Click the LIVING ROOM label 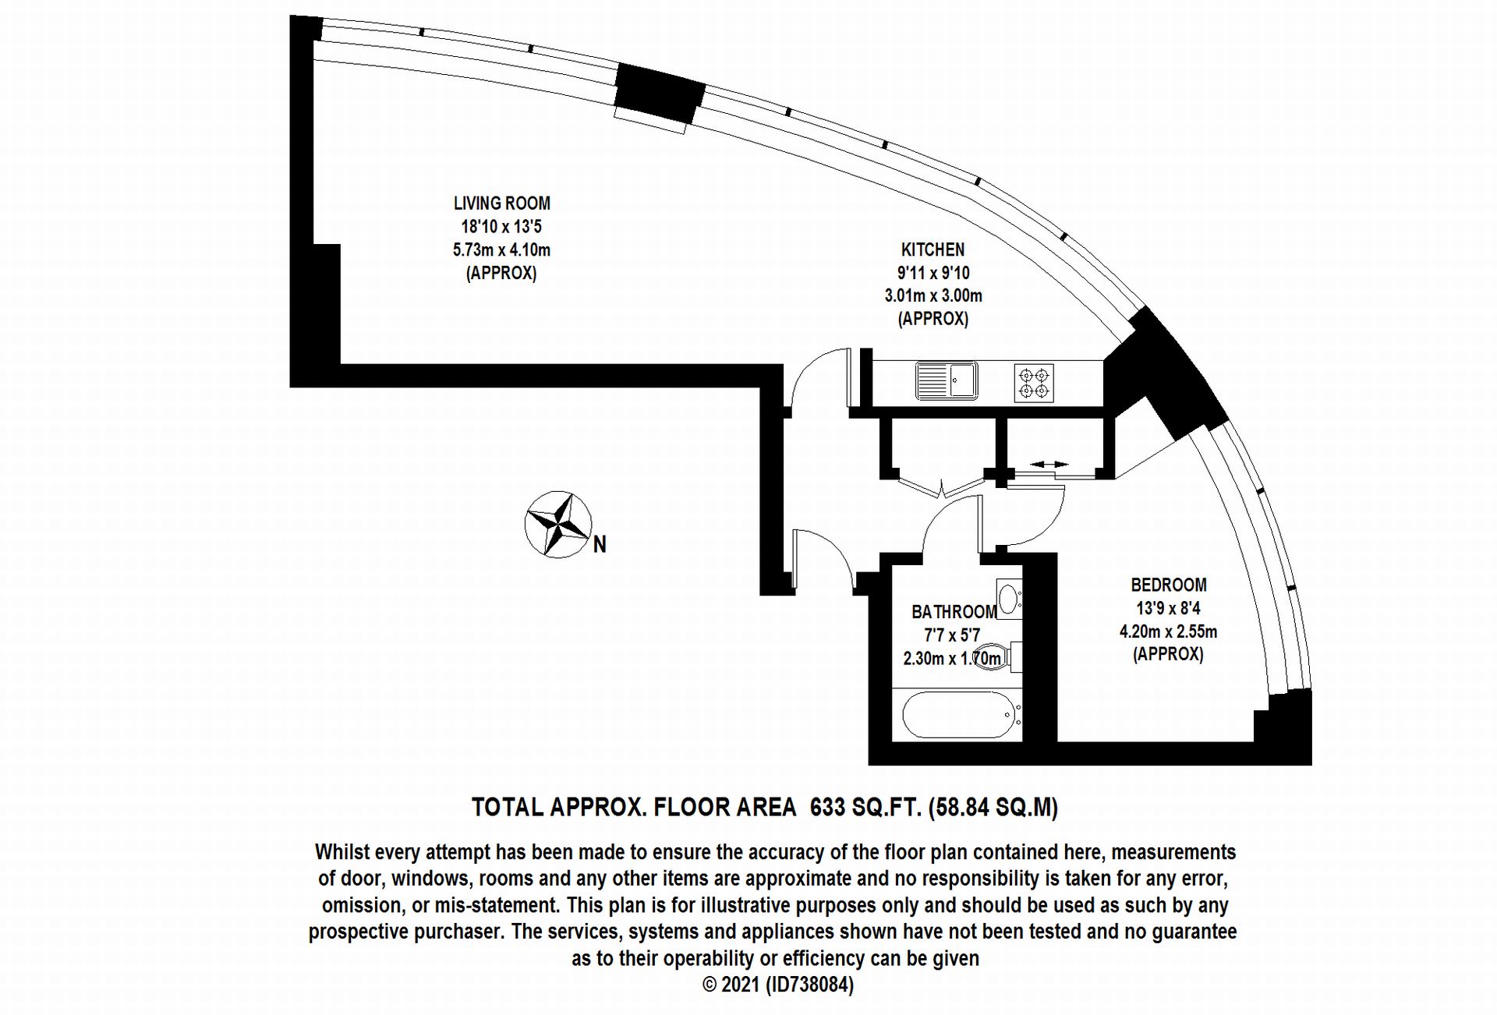[502, 203]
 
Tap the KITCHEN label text [933, 249]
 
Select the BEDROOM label [1168, 585]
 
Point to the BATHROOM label [954, 612]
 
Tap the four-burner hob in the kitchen [1034, 383]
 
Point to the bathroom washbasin [1009, 599]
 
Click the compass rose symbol [557, 525]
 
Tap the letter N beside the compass [600, 544]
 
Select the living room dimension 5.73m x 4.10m [501, 250]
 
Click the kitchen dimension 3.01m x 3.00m [933, 295]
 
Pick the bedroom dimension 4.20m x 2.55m [1168, 631]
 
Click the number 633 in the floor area [828, 807]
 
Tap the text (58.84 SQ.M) [993, 807]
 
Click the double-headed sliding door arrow [1049, 465]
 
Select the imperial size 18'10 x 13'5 [501, 227]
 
